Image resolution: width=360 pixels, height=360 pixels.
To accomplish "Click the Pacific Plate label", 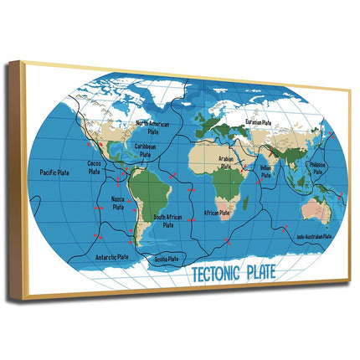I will (x=54, y=172).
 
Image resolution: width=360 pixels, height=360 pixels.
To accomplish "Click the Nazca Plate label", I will (x=118, y=203).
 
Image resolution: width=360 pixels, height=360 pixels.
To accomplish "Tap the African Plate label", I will (x=217, y=213).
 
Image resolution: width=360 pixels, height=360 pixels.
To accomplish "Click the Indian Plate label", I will (x=265, y=170).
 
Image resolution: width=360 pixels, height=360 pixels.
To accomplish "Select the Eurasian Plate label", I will (x=258, y=122).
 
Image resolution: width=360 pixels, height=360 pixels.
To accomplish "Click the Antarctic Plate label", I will (x=111, y=257).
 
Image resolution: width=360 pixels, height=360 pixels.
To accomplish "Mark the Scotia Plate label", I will (x=167, y=259).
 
